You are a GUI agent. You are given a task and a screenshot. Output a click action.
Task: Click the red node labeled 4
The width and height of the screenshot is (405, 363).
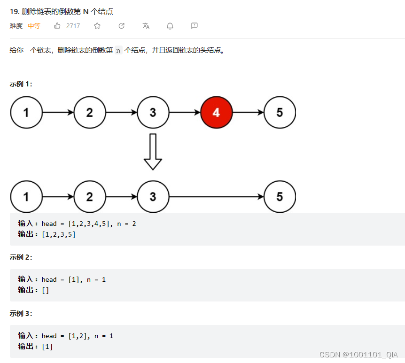(x=216, y=113)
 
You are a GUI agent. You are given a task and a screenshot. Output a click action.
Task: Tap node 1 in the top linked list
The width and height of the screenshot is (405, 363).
(x=26, y=113)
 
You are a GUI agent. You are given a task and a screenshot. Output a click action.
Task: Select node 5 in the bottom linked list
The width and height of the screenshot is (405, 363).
(x=280, y=196)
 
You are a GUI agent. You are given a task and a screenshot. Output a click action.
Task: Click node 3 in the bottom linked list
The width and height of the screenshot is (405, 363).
(x=153, y=196)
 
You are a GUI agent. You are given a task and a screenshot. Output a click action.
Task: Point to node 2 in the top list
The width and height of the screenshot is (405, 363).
(x=90, y=113)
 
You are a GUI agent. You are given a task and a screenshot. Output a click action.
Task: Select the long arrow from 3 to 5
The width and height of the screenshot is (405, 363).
(x=216, y=196)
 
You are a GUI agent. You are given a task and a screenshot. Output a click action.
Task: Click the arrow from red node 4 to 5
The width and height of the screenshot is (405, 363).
(x=248, y=113)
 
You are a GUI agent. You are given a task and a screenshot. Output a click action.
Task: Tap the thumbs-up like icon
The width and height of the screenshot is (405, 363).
(x=57, y=26)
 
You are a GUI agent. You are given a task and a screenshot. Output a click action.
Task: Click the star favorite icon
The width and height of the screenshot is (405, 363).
(x=97, y=26)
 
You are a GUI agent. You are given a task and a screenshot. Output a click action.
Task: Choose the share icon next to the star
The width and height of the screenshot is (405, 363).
(x=122, y=26)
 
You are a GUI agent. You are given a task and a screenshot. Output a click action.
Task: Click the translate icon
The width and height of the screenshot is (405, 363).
(x=146, y=26)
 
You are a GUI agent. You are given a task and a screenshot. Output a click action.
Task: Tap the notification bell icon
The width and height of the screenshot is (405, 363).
(x=170, y=26)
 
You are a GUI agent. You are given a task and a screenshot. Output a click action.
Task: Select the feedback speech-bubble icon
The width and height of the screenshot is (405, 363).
(x=195, y=26)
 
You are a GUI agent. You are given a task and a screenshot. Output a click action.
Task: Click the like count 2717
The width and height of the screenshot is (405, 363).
(x=73, y=26)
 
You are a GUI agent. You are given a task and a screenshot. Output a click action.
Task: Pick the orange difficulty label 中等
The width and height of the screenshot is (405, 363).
(x=34, y=26)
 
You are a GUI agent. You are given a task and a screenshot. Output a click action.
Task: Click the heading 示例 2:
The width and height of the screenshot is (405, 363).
(x=21, y=257)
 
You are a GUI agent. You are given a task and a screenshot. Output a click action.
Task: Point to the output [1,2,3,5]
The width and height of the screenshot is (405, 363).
(x=59, y=234)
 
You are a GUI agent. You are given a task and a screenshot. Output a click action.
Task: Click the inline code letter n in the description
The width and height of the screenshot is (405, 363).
(x=118, y=50)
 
